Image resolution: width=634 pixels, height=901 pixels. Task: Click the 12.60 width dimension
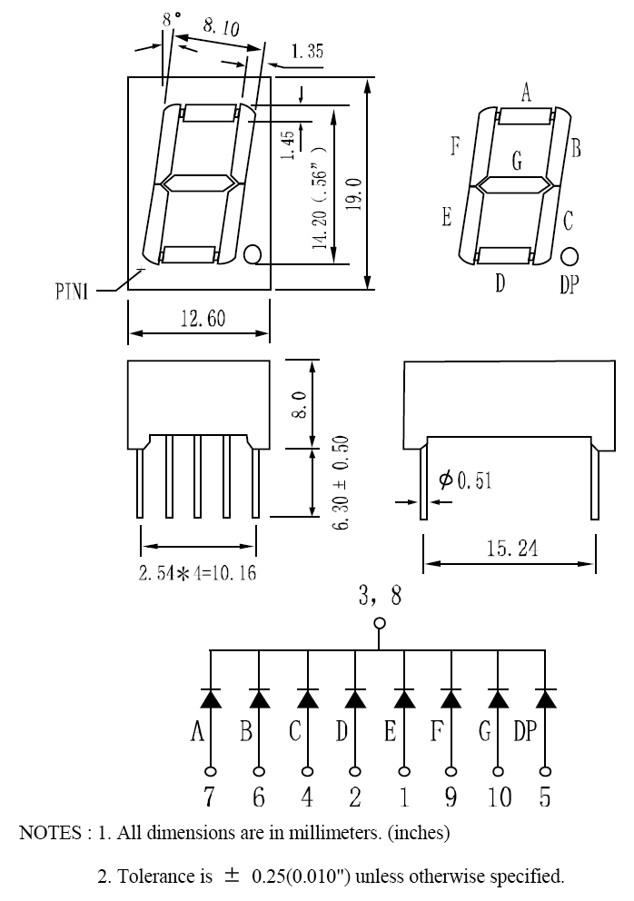[203, 318]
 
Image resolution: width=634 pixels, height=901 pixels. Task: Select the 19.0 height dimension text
[353, 193]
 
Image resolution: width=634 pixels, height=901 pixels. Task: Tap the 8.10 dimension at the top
[221, 25]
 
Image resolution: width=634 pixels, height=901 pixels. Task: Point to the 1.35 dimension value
[307, 51]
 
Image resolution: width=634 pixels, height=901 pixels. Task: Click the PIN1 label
[73, 292]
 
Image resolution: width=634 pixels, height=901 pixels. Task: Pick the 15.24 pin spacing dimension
[512, 548]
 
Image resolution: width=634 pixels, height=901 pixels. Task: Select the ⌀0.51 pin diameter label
[465, 480]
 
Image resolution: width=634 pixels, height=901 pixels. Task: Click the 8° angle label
[171, 18]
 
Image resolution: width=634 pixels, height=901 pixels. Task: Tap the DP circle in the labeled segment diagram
[569, 257]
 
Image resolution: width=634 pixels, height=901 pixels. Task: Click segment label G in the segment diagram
[517, 161]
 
